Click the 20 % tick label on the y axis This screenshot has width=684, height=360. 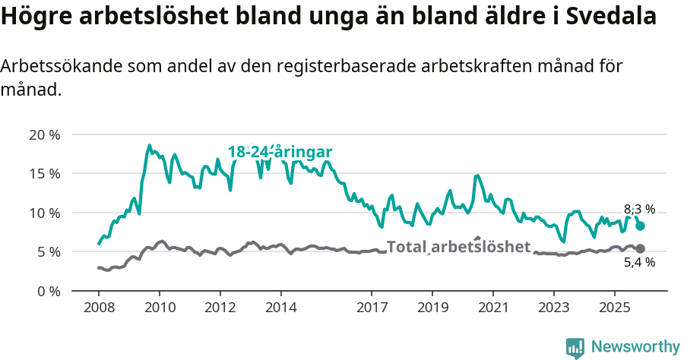click(44, 135)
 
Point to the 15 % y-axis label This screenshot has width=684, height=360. click(44, 174)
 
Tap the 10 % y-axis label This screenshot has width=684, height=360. click(44, 213)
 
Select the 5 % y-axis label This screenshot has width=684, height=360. click(48, 251)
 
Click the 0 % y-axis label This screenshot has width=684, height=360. click(48, 291)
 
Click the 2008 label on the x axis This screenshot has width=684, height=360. click(99, 308)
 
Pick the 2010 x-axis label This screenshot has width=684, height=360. click(160, 308)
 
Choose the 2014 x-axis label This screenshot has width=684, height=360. click(280, 308)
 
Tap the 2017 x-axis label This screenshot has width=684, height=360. click(372, 308)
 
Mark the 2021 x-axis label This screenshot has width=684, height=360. click(492, 308)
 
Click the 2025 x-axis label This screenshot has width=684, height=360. click(614, 308)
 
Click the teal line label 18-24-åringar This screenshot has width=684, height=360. click(280, 152)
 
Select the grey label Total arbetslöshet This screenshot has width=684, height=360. click(458, 247)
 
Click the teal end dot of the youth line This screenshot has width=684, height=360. click(640, 226)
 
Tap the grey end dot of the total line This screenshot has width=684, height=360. click(640, 248)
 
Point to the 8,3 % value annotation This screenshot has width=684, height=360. click(639, 210)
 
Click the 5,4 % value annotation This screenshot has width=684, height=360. click(639, 263)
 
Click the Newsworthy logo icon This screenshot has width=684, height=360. click(575, 348)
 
